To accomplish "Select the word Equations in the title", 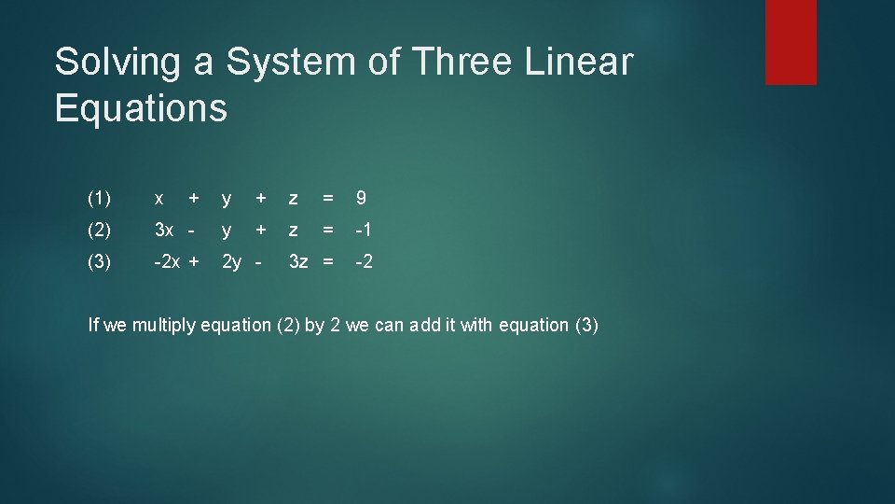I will tap(141, 108).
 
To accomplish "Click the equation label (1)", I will tap(99, 198).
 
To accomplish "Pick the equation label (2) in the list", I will tap(99, 230).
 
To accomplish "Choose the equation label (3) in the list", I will tap(99, 261).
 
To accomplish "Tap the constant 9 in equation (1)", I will tap(361, 198).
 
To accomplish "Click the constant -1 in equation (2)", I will tap(365, 230).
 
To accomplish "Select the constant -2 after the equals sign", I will tap(365, 261).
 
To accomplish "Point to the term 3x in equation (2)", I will tap(164, 230).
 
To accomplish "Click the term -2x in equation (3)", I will tap(167, 261).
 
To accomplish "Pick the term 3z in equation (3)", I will tap(298, 261).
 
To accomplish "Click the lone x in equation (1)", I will tap(159, 199).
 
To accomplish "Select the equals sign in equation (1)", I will tap(327, 198).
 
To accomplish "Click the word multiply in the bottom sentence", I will tap(165, 326).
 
